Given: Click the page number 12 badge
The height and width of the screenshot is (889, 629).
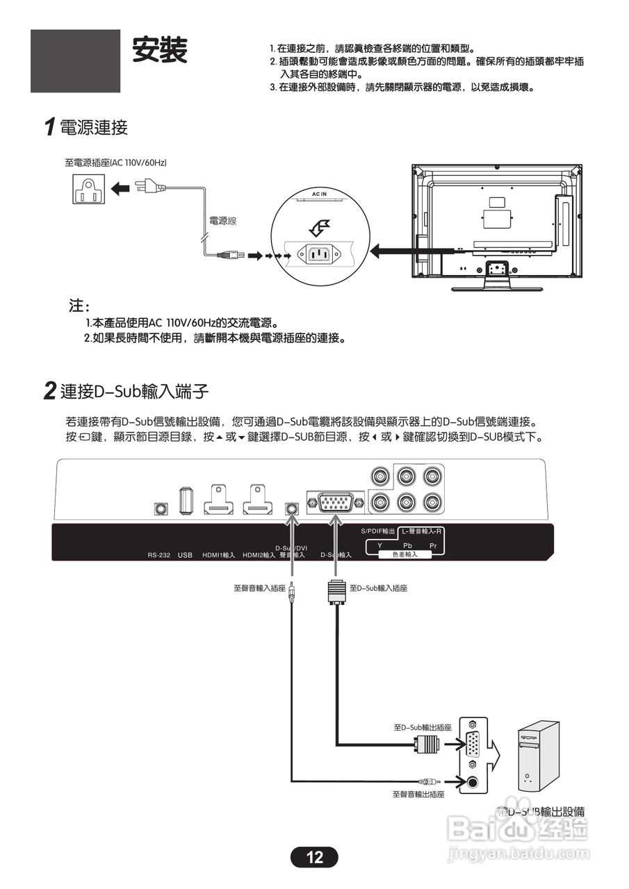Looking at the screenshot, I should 314,857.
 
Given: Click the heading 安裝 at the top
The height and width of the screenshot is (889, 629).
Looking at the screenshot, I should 160,50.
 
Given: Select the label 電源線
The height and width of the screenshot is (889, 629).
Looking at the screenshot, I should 223,221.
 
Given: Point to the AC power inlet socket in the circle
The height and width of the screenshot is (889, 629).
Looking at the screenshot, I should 320,255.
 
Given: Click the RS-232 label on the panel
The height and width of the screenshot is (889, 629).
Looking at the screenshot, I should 159,555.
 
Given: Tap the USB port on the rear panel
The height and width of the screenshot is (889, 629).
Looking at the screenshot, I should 185,501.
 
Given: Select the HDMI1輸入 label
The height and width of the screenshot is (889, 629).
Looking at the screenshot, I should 219,555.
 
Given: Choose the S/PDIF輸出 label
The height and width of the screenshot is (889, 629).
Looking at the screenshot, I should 378,531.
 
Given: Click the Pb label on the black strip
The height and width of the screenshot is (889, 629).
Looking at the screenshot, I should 408,546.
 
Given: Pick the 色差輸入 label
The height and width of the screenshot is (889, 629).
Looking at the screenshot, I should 405,554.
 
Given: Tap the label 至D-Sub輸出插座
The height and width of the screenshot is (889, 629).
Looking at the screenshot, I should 423,727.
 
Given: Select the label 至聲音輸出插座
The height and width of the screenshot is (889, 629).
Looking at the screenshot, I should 418,794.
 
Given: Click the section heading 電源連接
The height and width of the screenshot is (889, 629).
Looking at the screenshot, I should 94,127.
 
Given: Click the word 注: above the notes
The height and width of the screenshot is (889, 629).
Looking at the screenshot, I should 79,306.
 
